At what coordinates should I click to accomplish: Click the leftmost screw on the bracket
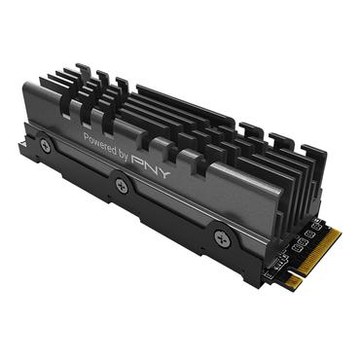45,145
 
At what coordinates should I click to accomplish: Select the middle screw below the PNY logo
121,187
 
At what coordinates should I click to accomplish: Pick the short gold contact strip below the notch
293,281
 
